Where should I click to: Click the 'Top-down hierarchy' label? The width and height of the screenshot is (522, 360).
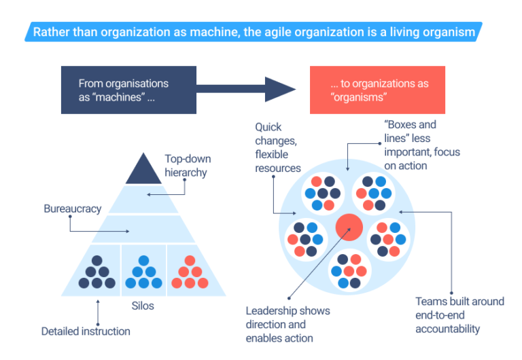click(x=188, y=166)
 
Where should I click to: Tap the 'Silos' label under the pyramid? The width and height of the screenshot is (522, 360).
click(x=143, y=306)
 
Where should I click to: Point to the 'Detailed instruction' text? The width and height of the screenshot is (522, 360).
click(x=86, y=331)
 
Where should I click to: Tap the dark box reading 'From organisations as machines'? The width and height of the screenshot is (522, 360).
click(x=128, y=90)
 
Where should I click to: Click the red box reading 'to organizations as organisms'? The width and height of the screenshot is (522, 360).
click(x=377, y=90)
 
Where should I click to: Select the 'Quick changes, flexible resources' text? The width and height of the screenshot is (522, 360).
click(x=277, y=147)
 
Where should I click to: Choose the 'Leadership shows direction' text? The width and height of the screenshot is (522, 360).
click(x=288, y=324)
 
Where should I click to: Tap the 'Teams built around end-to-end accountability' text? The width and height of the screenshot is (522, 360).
click(x=459, y=314)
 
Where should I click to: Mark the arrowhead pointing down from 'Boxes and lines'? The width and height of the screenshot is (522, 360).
click(x=348, y=168)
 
